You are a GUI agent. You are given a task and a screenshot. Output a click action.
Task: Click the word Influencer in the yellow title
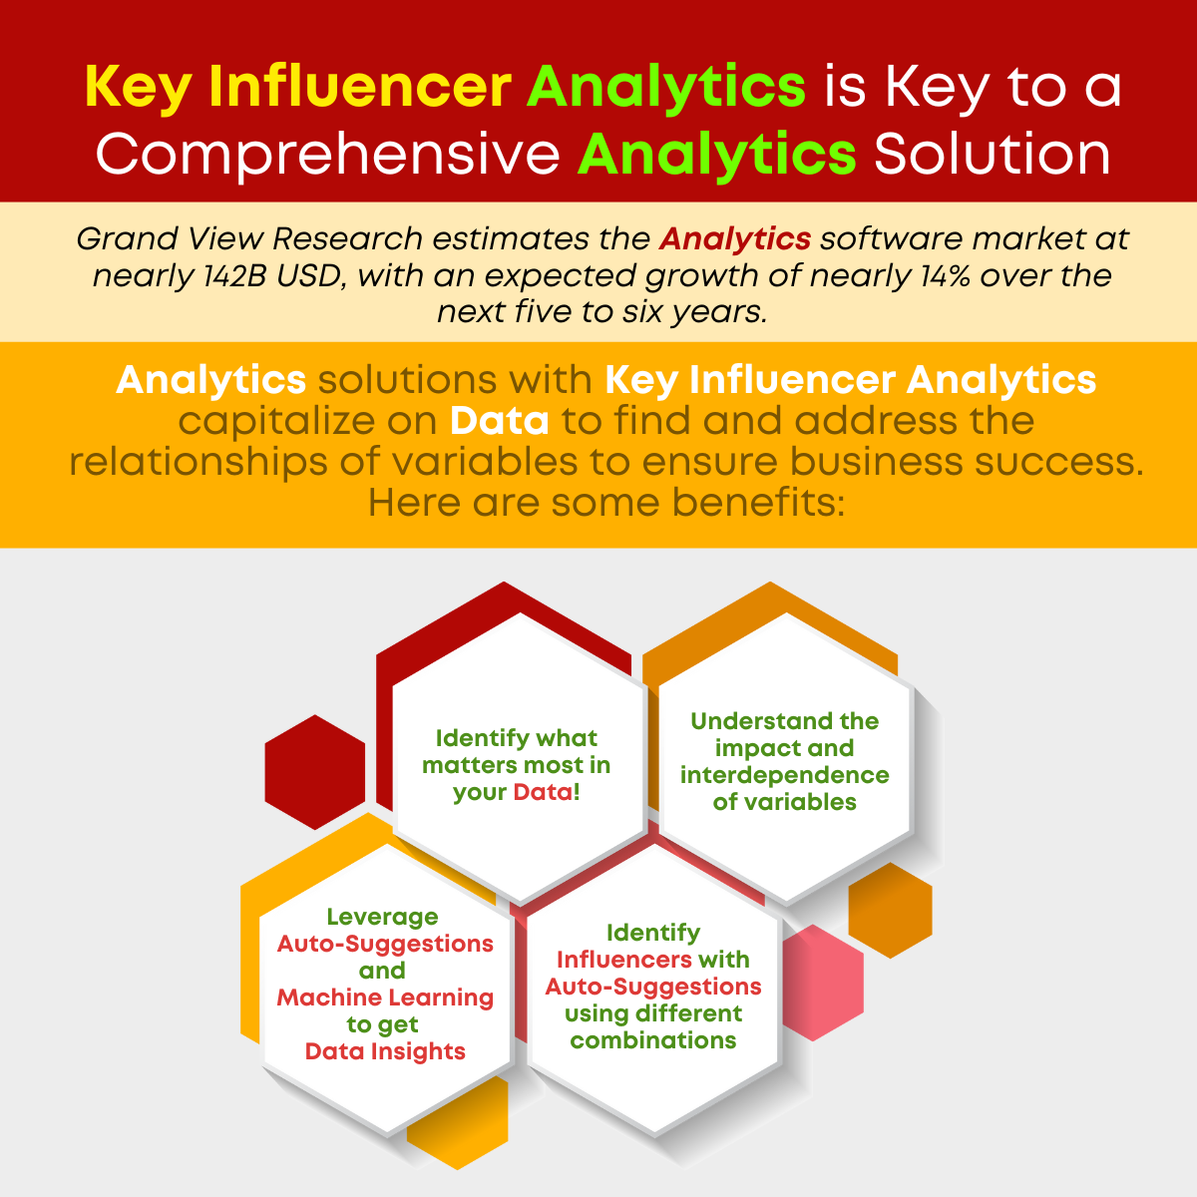point(360,87)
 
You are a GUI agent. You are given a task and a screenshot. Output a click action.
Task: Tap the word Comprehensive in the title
point(328,156)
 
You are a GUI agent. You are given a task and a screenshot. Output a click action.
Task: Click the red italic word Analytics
point(735,238)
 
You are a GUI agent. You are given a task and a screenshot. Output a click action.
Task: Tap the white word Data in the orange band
point(500,421)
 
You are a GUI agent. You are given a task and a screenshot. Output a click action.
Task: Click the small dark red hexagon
point(315,771)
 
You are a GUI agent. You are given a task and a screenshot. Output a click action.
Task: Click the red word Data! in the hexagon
point(547,792)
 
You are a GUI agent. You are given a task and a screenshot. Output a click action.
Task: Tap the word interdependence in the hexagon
point(785,775)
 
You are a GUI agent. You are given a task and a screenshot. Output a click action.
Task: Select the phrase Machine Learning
point(385,997)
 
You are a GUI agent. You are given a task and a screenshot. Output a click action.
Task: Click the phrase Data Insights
point(385,1051)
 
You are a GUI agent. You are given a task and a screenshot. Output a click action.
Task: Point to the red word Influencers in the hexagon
point(624,960)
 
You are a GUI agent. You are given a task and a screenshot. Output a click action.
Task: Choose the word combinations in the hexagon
point(653,1039)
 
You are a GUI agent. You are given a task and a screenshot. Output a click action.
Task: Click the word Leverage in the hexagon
point(383,917)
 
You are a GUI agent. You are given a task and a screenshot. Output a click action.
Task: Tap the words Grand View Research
point(249,238)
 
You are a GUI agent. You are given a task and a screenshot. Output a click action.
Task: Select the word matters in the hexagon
point(470,765)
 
